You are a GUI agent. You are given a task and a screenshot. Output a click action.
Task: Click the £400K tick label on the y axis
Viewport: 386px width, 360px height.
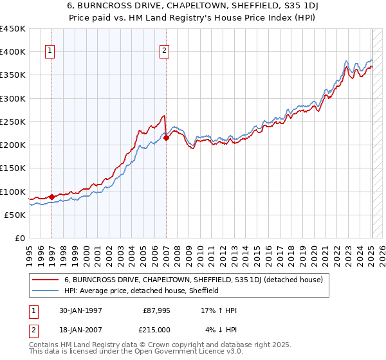click(13, 52)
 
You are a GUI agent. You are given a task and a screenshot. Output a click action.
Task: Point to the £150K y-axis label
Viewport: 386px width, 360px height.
click(13, 168)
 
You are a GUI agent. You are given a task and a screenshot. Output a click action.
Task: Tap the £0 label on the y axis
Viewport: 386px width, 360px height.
click(19, 239)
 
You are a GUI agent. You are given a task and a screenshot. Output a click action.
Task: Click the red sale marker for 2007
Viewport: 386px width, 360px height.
click(166, 138)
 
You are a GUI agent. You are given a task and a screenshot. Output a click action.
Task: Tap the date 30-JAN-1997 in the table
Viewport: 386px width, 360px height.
click(79, 310)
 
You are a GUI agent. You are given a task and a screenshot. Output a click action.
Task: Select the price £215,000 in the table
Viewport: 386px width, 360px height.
click(156, 329)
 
